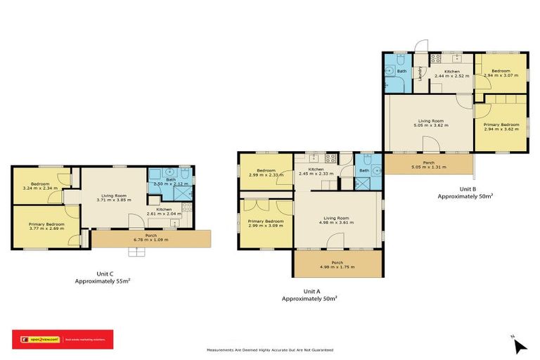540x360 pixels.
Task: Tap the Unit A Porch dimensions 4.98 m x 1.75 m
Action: click(335, 267)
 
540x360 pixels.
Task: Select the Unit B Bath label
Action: click(401, 71)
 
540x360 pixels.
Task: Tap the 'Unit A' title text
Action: click(311, 290)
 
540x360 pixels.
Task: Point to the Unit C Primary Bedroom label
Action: click(46, 224)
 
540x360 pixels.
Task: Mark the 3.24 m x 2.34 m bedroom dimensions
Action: click(39, 188)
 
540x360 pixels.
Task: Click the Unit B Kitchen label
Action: click(451, 71)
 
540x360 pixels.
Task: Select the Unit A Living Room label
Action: click(335, 218)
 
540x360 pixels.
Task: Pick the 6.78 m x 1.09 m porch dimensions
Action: click(151, 240)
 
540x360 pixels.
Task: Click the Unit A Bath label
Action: click(364, 170)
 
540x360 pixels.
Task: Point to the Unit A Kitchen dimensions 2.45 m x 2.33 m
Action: click(316, 174)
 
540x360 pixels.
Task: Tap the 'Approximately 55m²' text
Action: click(103, 281)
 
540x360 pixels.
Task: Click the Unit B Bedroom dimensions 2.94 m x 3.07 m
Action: click(501, 76)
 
